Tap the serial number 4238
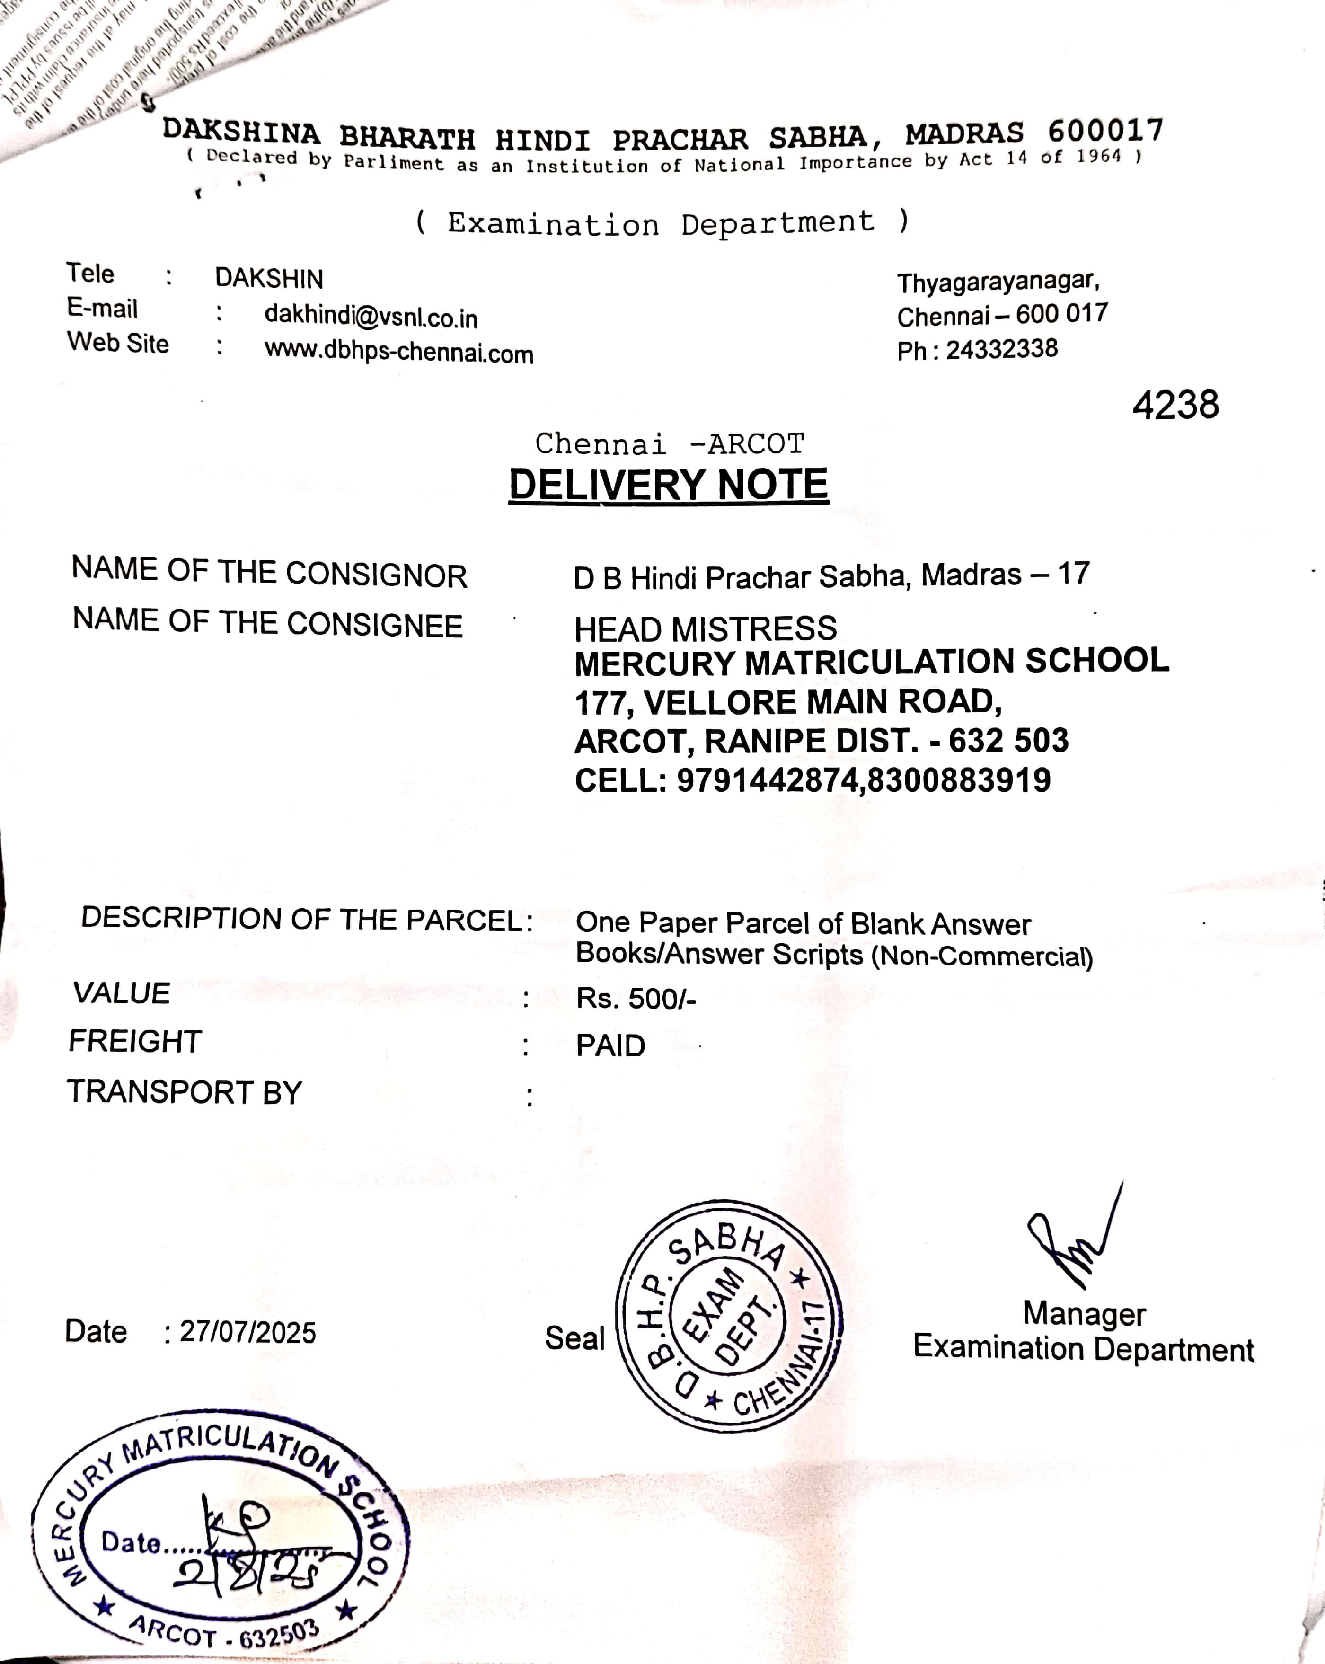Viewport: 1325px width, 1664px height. [x=1175, y=405]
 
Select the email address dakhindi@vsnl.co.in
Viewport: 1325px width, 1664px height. [x=371, y=317]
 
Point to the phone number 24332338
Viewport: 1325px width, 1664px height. [x=1002, y=350]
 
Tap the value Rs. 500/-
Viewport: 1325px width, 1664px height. [x=636, y=999]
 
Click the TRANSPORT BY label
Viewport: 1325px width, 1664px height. [x=185, y=1092]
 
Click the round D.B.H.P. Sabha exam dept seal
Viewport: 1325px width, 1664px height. [x=728, y=1316]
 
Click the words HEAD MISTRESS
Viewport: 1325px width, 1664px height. [x=706, y=629]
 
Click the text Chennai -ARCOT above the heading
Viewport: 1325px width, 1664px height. [x=669, y=444]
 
